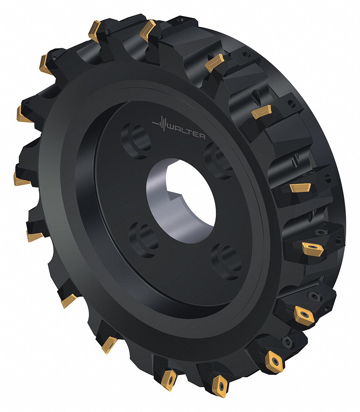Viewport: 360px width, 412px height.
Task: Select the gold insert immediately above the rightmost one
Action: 300,188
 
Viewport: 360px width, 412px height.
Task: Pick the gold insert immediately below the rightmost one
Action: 304,314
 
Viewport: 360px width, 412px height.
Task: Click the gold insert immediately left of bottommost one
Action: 169,378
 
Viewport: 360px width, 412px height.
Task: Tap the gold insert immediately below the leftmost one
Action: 34,236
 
